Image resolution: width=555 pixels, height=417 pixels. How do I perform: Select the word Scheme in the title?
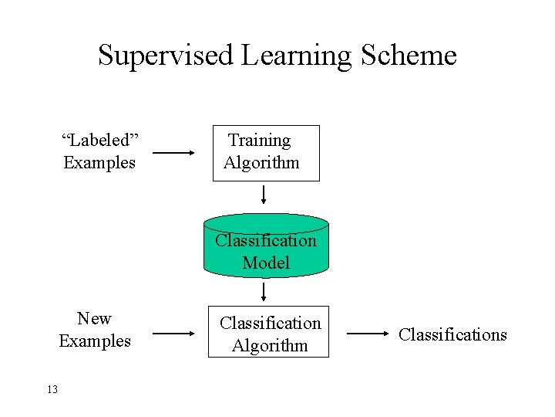pos(405,56)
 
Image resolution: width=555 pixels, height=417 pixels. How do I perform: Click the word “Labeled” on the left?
pos(99,140)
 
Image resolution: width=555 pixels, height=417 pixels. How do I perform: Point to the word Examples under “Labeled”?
pos(99,163)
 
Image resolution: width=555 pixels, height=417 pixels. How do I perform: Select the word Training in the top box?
pos(260,141)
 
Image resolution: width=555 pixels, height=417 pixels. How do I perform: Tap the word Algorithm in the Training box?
pos(261,163)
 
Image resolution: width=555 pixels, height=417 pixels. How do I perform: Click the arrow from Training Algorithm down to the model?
pos(264,194)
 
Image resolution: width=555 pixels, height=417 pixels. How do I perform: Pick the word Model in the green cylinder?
pos(266,263)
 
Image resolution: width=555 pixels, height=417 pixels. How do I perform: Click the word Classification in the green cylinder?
pos(266,240)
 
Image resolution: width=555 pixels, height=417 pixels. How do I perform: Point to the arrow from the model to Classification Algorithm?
pos(264,292)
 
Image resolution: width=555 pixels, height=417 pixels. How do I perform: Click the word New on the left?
pos(94,318)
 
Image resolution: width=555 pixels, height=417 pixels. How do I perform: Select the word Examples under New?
pos(95,341)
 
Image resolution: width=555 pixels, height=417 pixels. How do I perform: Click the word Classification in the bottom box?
pos(270,323)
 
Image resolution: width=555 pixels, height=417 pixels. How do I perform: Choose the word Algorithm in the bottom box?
pos(270,345)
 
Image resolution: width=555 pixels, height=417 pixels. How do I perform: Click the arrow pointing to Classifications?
pos(368,334)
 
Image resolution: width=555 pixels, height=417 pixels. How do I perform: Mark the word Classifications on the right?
pos(452,334)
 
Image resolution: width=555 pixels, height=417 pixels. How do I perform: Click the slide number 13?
pos(52,389)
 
